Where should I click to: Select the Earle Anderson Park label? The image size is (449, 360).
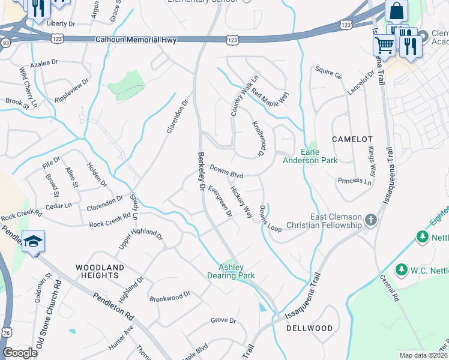click(310, 156)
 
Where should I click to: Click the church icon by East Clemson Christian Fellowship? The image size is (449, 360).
click(370, 220)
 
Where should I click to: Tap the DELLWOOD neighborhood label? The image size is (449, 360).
click(309, 328)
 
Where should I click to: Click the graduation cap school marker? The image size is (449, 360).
click(33, 242)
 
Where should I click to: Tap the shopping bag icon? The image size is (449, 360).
click(396, 10)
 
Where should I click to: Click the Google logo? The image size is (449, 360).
click(20, 353)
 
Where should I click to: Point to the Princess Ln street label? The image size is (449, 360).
click(354, 181)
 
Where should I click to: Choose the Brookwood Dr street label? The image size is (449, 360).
click(169, 295)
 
